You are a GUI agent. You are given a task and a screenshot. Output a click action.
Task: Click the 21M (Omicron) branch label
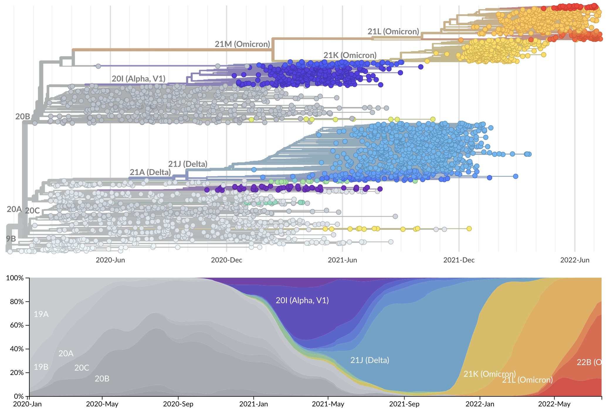coord(242,44)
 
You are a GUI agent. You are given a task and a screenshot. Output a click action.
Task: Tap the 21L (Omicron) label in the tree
coord(393,31)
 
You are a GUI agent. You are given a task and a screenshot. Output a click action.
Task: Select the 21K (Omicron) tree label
coord(350,55)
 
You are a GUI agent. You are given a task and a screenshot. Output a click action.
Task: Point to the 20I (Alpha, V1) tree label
coord(138,79)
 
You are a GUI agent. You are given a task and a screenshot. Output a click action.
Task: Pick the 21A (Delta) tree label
coord(150,172)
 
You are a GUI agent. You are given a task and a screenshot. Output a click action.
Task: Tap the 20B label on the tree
coord(23,116)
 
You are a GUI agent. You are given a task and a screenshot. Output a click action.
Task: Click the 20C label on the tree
coord(32,211)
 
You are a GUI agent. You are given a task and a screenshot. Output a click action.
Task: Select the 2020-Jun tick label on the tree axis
coord(110,260)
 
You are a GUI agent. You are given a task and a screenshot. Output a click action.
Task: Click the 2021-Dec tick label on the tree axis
coord(459,260)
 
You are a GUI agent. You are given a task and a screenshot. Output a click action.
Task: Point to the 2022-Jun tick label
coord(575,260)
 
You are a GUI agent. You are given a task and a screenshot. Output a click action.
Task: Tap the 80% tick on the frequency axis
coord(17,301)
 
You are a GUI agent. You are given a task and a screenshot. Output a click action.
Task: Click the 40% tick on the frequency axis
coord(17,349)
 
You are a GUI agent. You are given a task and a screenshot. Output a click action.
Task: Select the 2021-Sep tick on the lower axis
coord(404,404)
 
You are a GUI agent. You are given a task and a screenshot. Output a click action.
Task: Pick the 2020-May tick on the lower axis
coord(102,404)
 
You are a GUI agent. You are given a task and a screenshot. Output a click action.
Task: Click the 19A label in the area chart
coord(41,314)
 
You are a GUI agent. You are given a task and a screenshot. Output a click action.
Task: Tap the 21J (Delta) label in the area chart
coord(370,360)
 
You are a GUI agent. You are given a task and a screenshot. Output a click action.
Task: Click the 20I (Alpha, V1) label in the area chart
coord(302,300)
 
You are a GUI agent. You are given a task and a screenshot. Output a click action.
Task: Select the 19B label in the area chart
coord(41,367)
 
